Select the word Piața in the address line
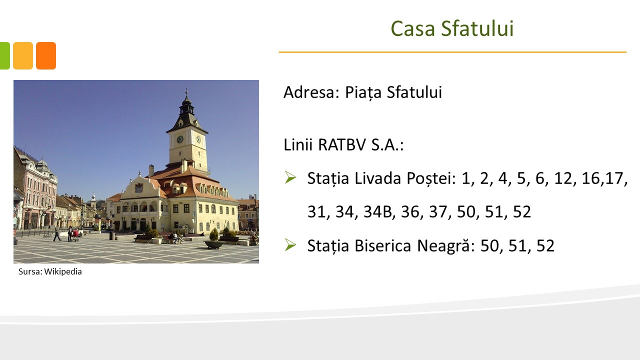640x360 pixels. pos(363,92)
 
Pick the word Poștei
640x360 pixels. pos(431,179)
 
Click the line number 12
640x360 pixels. pos(563,178)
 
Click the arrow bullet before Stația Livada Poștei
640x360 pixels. pos(290,177)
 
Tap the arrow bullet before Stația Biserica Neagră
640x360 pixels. pos(290,245)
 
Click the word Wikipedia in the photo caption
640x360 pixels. pos(63,271)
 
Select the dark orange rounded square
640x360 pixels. pos(46,55)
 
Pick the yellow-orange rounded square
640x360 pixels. pos(23,55)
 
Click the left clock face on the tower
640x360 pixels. pos(179,139)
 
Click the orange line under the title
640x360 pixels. pos(452,52)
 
